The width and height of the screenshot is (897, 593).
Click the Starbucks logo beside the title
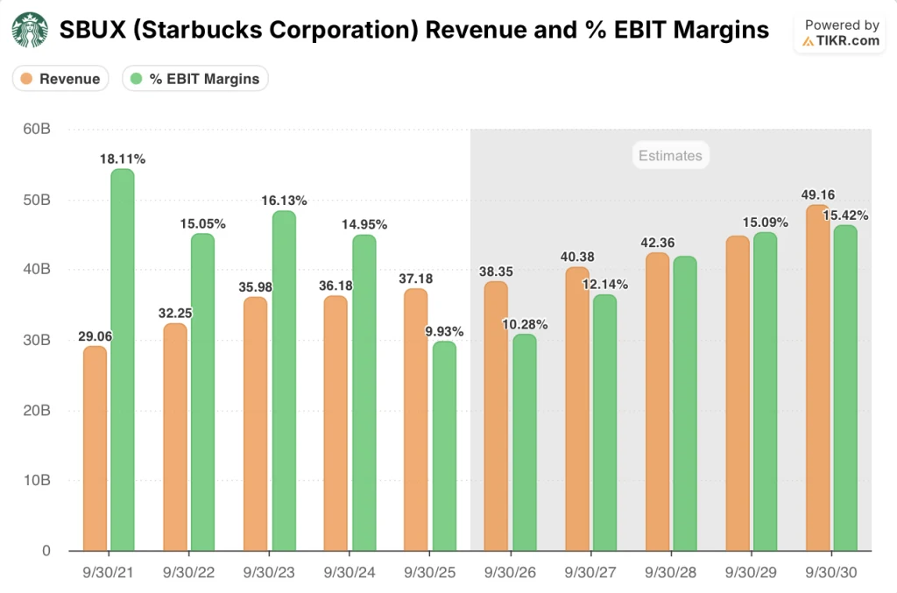pyautogui.click(x=30, y=31)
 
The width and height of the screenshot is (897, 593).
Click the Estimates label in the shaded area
pyautogui.click(x=670, y=156)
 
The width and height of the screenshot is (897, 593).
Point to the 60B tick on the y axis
pyautogui.click(x=36, y=129)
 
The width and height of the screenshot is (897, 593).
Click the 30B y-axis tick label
pyautogui.click(x=36, y=340)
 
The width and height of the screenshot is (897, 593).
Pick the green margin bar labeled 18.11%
pyautogui.click(x=123, y=360)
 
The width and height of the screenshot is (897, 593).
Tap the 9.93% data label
pyautogui.click(x=444, y=331)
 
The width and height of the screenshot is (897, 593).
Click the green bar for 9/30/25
pyautogui.click(x=444, y=446)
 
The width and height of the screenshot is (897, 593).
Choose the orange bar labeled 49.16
pyautogui.click(x=818, y=378)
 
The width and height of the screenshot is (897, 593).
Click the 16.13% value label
pyautogui.click(x=285, y=201)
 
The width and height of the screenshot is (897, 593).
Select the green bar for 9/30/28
pyautogui.click(x=685, y=403)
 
